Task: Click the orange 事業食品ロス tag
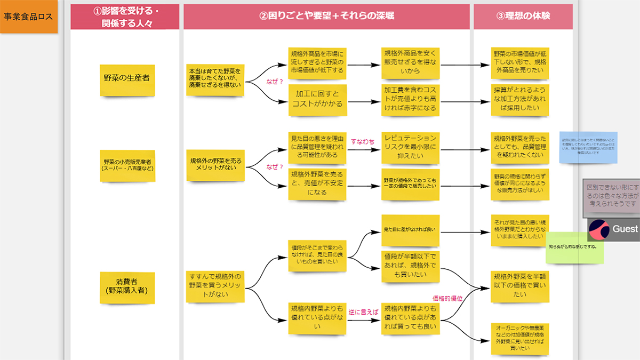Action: coord(28,17)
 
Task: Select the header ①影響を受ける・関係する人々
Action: coord(125,17)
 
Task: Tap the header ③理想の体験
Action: coord(523,16)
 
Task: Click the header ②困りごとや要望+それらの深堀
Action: coord(326,16)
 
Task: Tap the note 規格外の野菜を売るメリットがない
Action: coord(215,165)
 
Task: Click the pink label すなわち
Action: coord(363,141)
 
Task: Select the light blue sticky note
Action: coord(588,147)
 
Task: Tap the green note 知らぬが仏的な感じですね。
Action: coord(575,247)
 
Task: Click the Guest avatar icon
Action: coord(599,229)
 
